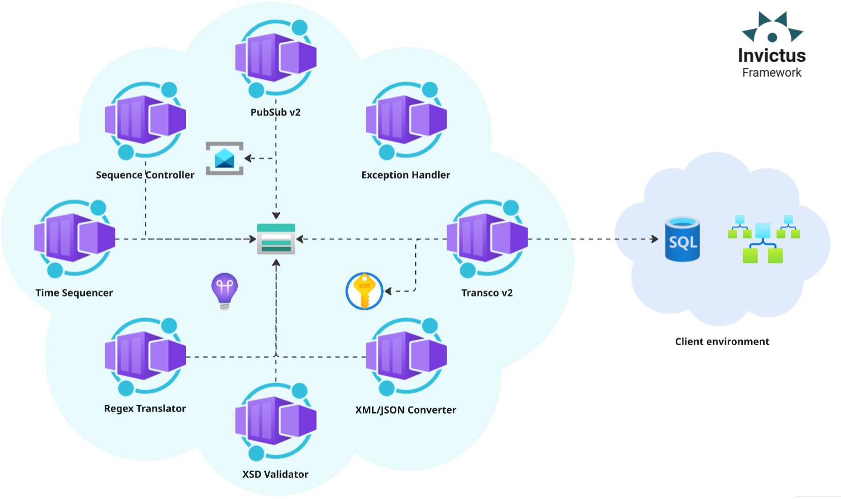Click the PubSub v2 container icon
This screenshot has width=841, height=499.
pos(276,57)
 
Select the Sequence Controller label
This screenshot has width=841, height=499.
pos(145,175)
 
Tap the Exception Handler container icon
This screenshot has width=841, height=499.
pos(406,120)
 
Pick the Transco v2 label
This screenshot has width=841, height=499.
pos(487,293)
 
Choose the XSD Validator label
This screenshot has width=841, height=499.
pos(275,474)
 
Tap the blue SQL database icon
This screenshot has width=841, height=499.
pos(682,239)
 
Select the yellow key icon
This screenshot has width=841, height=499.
pos(364,291)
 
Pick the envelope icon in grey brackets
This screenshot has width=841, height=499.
pos(225,158)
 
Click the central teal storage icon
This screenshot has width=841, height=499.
pos(276,239)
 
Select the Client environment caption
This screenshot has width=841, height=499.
pos(722,342)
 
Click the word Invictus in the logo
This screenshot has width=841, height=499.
pos(771,55)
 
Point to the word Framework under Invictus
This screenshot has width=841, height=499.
pos(771,73)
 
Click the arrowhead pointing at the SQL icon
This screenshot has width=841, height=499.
pos(655,239)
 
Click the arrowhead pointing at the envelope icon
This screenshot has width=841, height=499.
pos(248,158)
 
